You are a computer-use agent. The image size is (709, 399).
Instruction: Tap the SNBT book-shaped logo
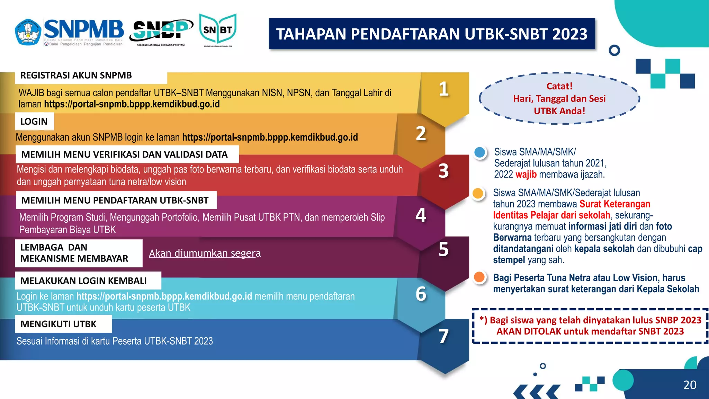click(218, 30)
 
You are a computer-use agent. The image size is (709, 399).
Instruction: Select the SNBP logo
click(161, 30)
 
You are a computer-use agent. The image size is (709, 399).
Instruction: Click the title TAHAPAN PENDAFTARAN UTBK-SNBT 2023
click(432, 34)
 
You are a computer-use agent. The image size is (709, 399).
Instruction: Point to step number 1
click(443, 89)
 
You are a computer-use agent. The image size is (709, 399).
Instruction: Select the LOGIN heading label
click(34, 122)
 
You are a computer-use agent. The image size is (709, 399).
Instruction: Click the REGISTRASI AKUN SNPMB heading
click(76, 76)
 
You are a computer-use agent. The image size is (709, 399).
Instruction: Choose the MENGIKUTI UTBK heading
click(59, 324)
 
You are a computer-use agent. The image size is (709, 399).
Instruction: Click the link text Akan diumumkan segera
click(205, 253)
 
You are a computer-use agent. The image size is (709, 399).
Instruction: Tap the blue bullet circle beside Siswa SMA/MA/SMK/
click(480, 152)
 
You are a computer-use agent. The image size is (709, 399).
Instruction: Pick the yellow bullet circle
click(478, 193)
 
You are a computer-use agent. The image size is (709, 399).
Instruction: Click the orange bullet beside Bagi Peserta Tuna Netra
click(479, 277)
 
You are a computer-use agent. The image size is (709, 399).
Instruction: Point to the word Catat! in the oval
click(559, 86)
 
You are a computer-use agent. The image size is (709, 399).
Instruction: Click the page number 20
click(690, 385)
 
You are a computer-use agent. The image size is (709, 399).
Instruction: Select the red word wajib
click(526, 174)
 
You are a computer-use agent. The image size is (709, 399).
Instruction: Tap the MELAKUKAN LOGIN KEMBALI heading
click(83, 281)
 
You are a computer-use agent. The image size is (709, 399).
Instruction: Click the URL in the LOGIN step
click(270, 138)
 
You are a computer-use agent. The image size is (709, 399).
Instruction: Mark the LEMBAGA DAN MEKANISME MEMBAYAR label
click(74, 253)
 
